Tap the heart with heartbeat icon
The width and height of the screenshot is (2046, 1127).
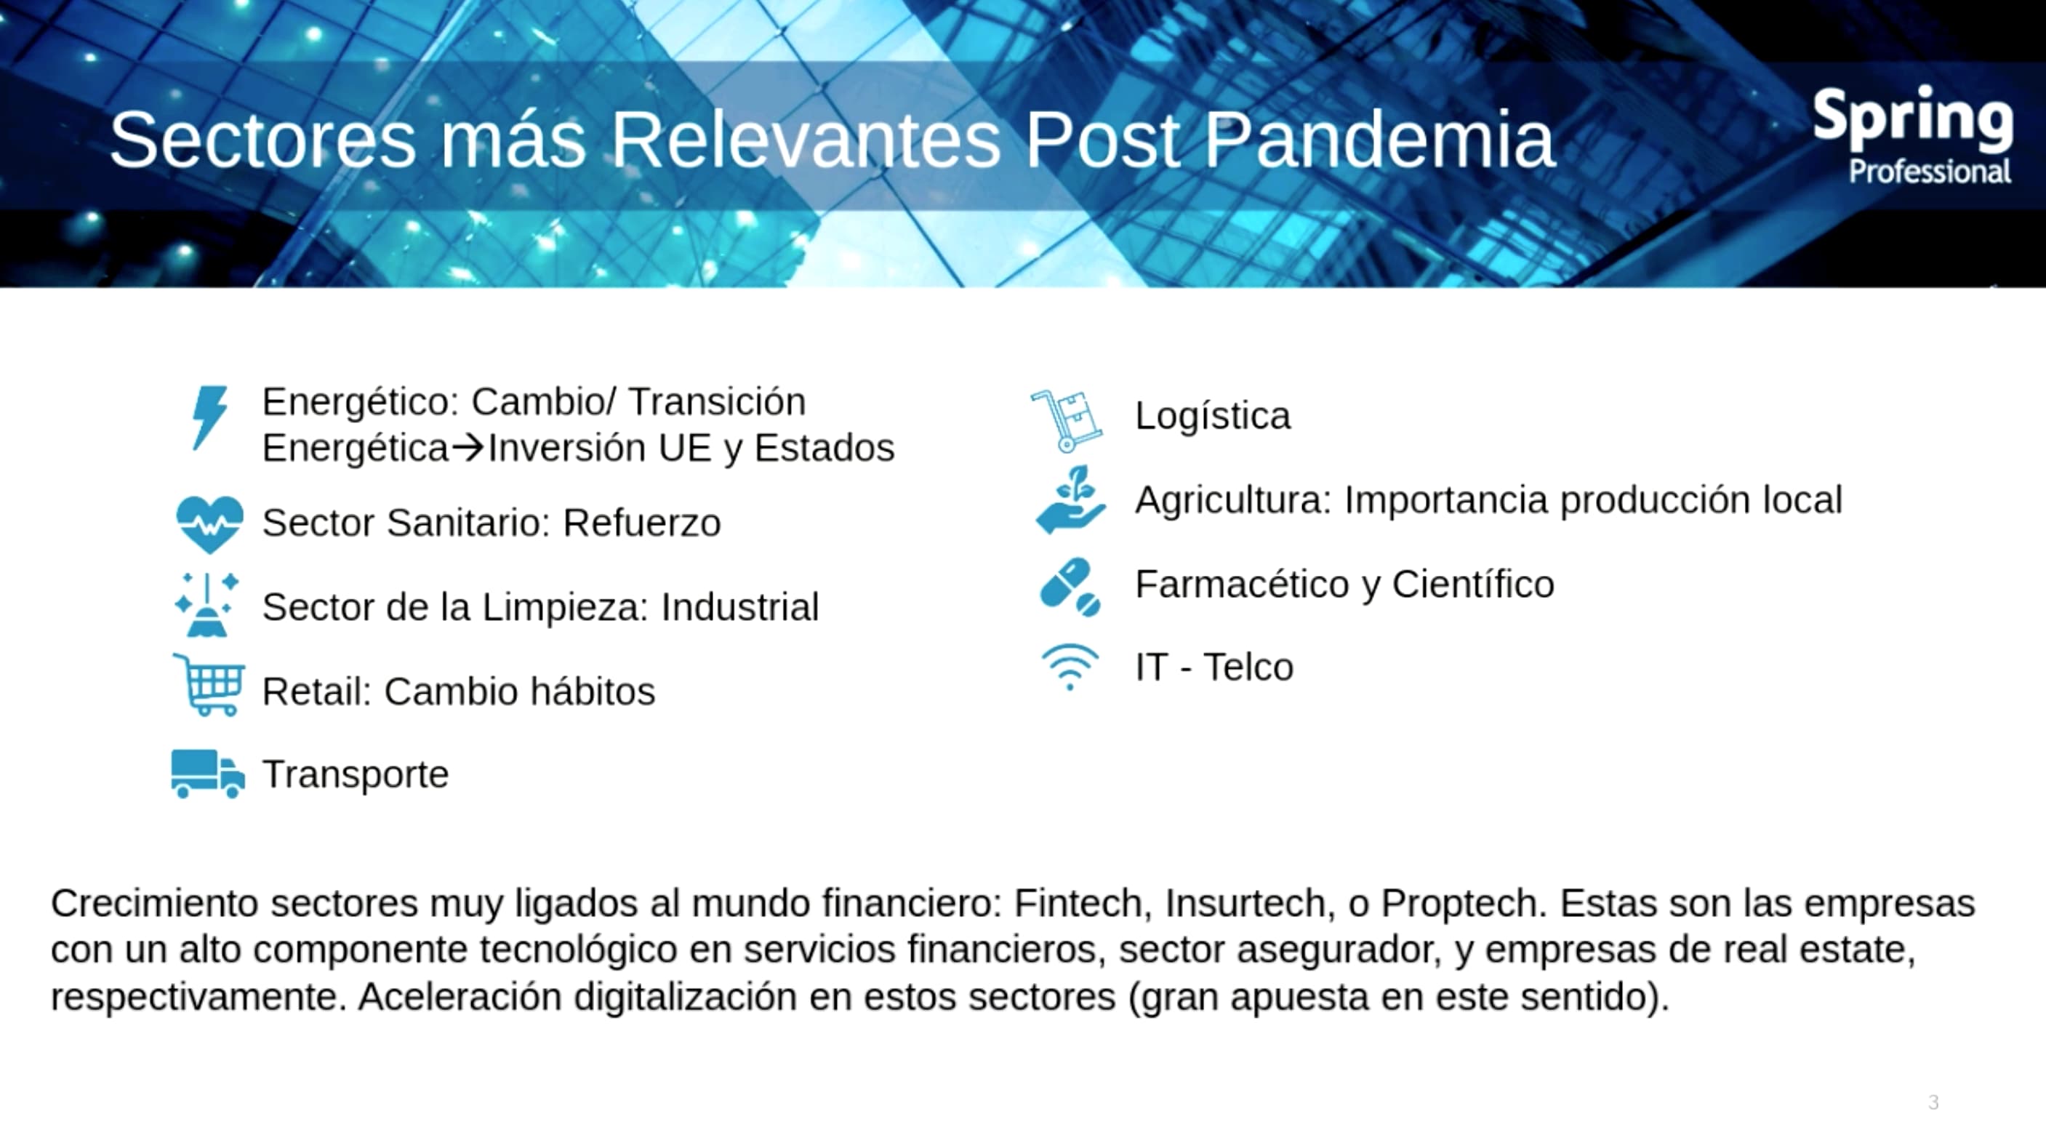pyautogui.click(x=209, y=524)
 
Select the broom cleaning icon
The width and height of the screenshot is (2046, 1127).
pyautogui.click(x=207, y=604)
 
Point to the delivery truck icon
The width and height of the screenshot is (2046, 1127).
pyautogui.click(x=208, y=774)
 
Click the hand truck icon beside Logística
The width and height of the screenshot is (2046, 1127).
pyautogui.click(x=1067, y=420)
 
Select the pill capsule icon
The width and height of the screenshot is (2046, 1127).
pyautogui.click(x=1070, y=587)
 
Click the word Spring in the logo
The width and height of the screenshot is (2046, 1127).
pyautogui.click(x=1912, y=121)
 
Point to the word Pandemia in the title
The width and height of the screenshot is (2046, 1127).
pyautogui.click(x=1379, y=140)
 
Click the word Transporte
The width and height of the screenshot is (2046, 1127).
pyautogui.click(x=356, y=774)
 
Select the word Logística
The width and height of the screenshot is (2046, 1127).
pyautogui.click(x=1213, y=416)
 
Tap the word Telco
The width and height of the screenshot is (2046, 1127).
pyautogui.click(x=1248, y=667)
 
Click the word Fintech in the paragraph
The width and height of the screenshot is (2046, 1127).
pyautogui.click(x=1078, y=903)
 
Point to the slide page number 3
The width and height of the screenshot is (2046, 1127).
pyautogui.click(x=1933, y=1102)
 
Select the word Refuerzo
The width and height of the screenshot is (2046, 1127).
pyautogui.click(x=642, y=524)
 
